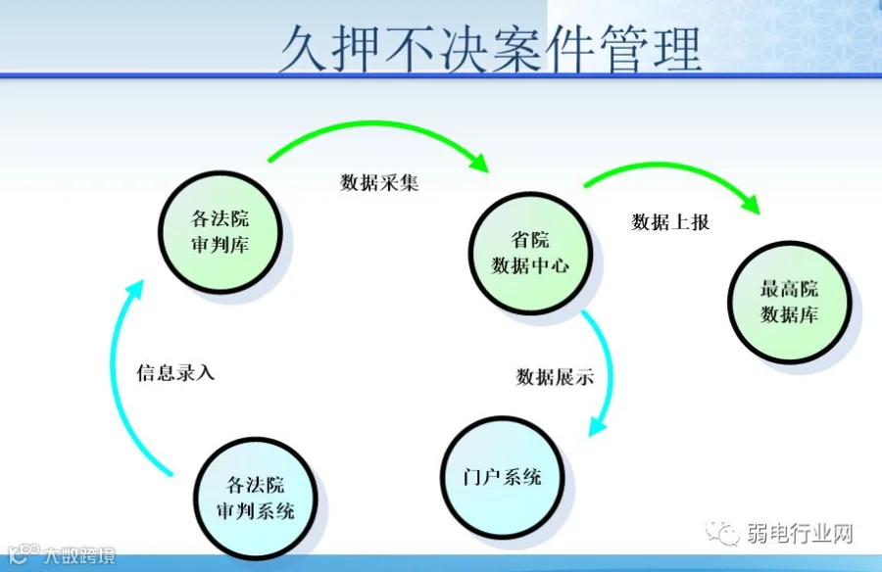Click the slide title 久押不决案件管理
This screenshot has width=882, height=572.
pyautogui.click(x=489, y=47)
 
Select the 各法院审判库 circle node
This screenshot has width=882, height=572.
pyautogui.click(x=220, y=231)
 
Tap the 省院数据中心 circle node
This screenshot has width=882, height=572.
pyautogui.click(x=529, y=253)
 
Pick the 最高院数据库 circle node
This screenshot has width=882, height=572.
pyautogui.click(x=789, y=303)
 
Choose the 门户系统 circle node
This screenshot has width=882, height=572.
pyautogui.click(x=502, y=478)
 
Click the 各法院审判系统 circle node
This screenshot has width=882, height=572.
pyautogui.click(x=254, y=497)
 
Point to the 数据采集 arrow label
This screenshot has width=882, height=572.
pyautogui.click(x=379, y=182)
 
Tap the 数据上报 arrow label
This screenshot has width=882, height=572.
pyautogui.click(x=670, y=222)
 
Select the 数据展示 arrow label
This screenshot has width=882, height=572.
pyautogui.click(x=555, y=377)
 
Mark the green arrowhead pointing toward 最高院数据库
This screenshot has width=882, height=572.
pyautogui.click(x=749, y=203)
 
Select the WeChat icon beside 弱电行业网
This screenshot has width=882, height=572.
pyautogui.click(x=726, y=534)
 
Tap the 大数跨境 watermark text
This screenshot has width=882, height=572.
pyautogui.click(x=78, y=556)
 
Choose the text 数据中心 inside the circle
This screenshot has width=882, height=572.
pyautogui.click(x=530, y=265)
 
